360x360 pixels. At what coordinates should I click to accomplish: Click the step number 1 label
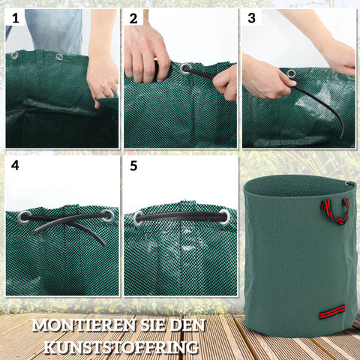(14, 17)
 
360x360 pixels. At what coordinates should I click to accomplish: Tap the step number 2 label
(133, 17)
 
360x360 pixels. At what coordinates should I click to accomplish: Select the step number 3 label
(251, 17)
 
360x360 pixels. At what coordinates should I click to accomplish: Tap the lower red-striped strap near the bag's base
(332, 310)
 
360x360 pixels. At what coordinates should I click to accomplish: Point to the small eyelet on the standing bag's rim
(349, 184)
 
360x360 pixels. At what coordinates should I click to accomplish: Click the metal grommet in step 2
(185, 69)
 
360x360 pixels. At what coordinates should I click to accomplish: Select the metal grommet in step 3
(290, 73)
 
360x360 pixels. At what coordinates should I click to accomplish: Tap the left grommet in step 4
(25, 217)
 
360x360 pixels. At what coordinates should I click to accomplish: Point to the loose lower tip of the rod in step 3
(341, 136)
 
